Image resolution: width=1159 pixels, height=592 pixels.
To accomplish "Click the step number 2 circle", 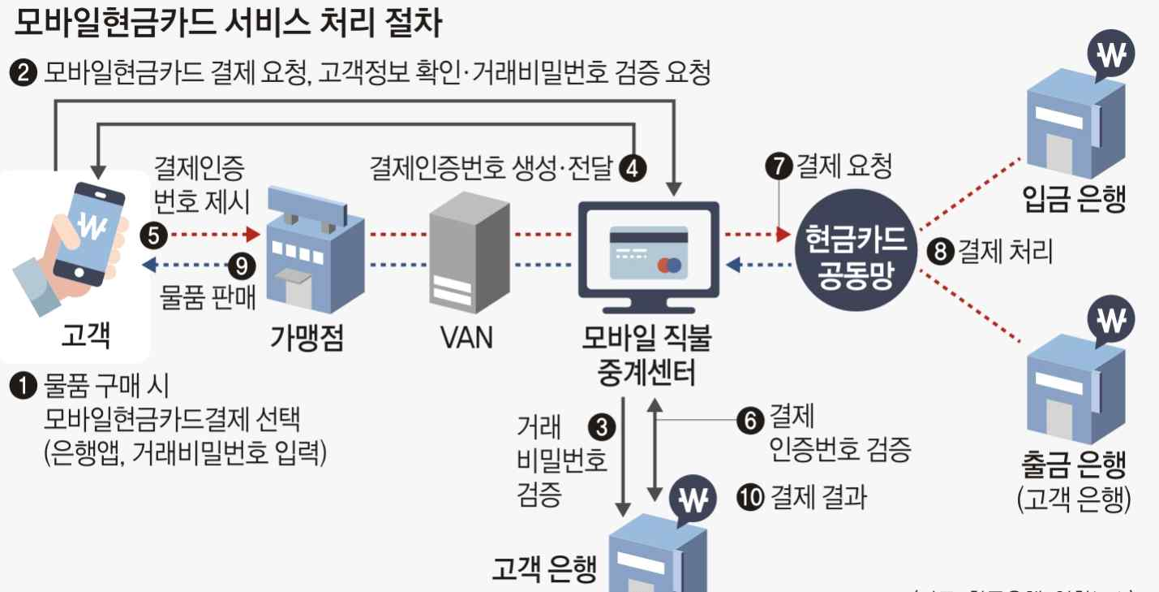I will pos(24,74).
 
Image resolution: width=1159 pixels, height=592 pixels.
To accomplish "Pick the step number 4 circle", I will pos(633,167).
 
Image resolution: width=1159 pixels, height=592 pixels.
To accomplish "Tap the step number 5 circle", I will pos(155,236).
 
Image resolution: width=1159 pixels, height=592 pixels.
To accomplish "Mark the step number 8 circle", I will pos(940,252).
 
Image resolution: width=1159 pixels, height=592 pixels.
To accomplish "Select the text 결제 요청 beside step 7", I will pos(844,167).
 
